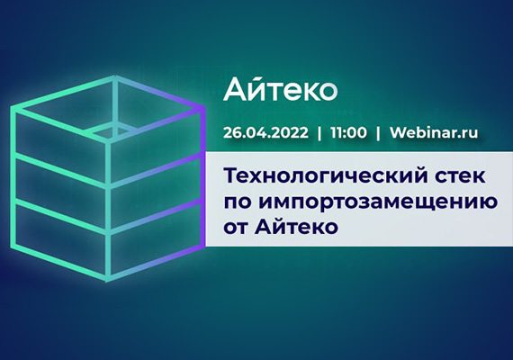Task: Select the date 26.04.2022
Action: tap(265, 132)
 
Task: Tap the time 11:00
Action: tap(348, 132)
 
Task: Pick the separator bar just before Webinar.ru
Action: tap(379, 132)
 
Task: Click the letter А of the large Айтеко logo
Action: tap(237, 89)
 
